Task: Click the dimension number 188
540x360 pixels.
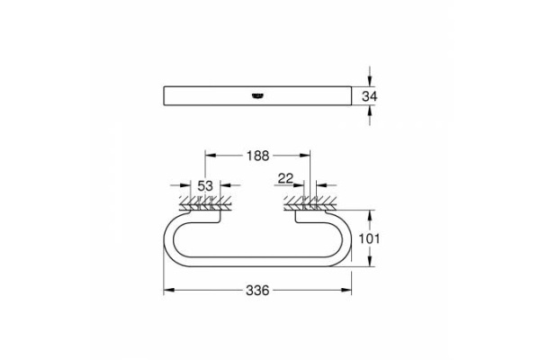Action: [x=258, y=155]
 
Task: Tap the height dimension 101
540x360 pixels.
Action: [x=383, y=238]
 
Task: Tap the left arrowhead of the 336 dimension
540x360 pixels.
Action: [x=166, y=291]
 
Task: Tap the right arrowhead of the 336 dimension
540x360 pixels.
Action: [x=349, y=291]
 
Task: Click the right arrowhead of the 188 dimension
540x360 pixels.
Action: [x=306, y=155]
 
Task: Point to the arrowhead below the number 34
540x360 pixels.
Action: [x=369, y=112]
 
